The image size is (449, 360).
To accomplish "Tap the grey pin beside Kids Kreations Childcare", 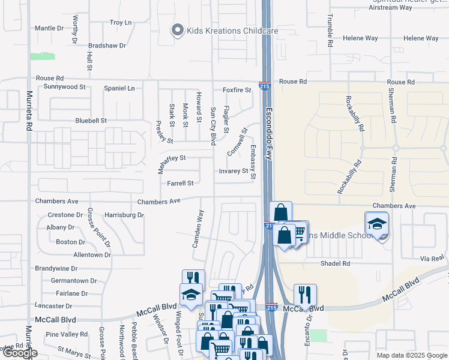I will (x=177, y=30).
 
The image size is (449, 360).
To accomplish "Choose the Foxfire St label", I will (x=237, y=90).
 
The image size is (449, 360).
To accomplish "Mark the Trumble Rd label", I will (x=330, y=31).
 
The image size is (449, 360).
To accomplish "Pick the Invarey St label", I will (x=234, y=171).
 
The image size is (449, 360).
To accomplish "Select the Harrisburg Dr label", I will (x=124, y=215).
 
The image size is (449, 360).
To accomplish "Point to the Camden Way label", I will (x=197, y=229).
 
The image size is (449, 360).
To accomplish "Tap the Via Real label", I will (x=431, y=258).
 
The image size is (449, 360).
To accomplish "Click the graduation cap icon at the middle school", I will (x=376, y=224).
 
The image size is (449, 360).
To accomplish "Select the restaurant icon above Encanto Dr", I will (x=305, y=295).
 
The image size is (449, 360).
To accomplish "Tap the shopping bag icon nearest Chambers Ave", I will (x=280, y=212).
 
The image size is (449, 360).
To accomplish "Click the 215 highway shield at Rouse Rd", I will (x=265, y=86).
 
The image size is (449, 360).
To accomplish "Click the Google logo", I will (x=19, y=353).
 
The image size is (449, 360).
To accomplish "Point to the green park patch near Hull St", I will (x=43, y=56).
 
